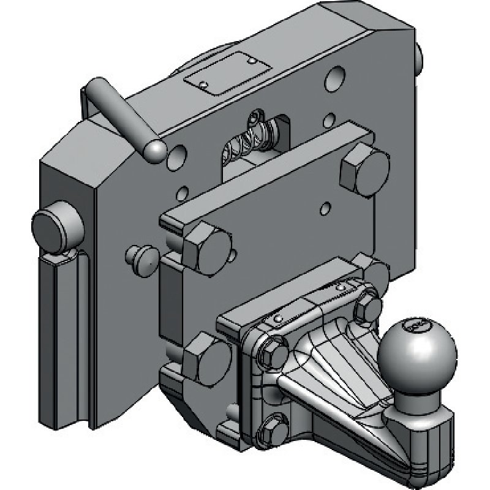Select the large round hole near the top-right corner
point(336,80)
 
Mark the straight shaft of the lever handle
point(116,113)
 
